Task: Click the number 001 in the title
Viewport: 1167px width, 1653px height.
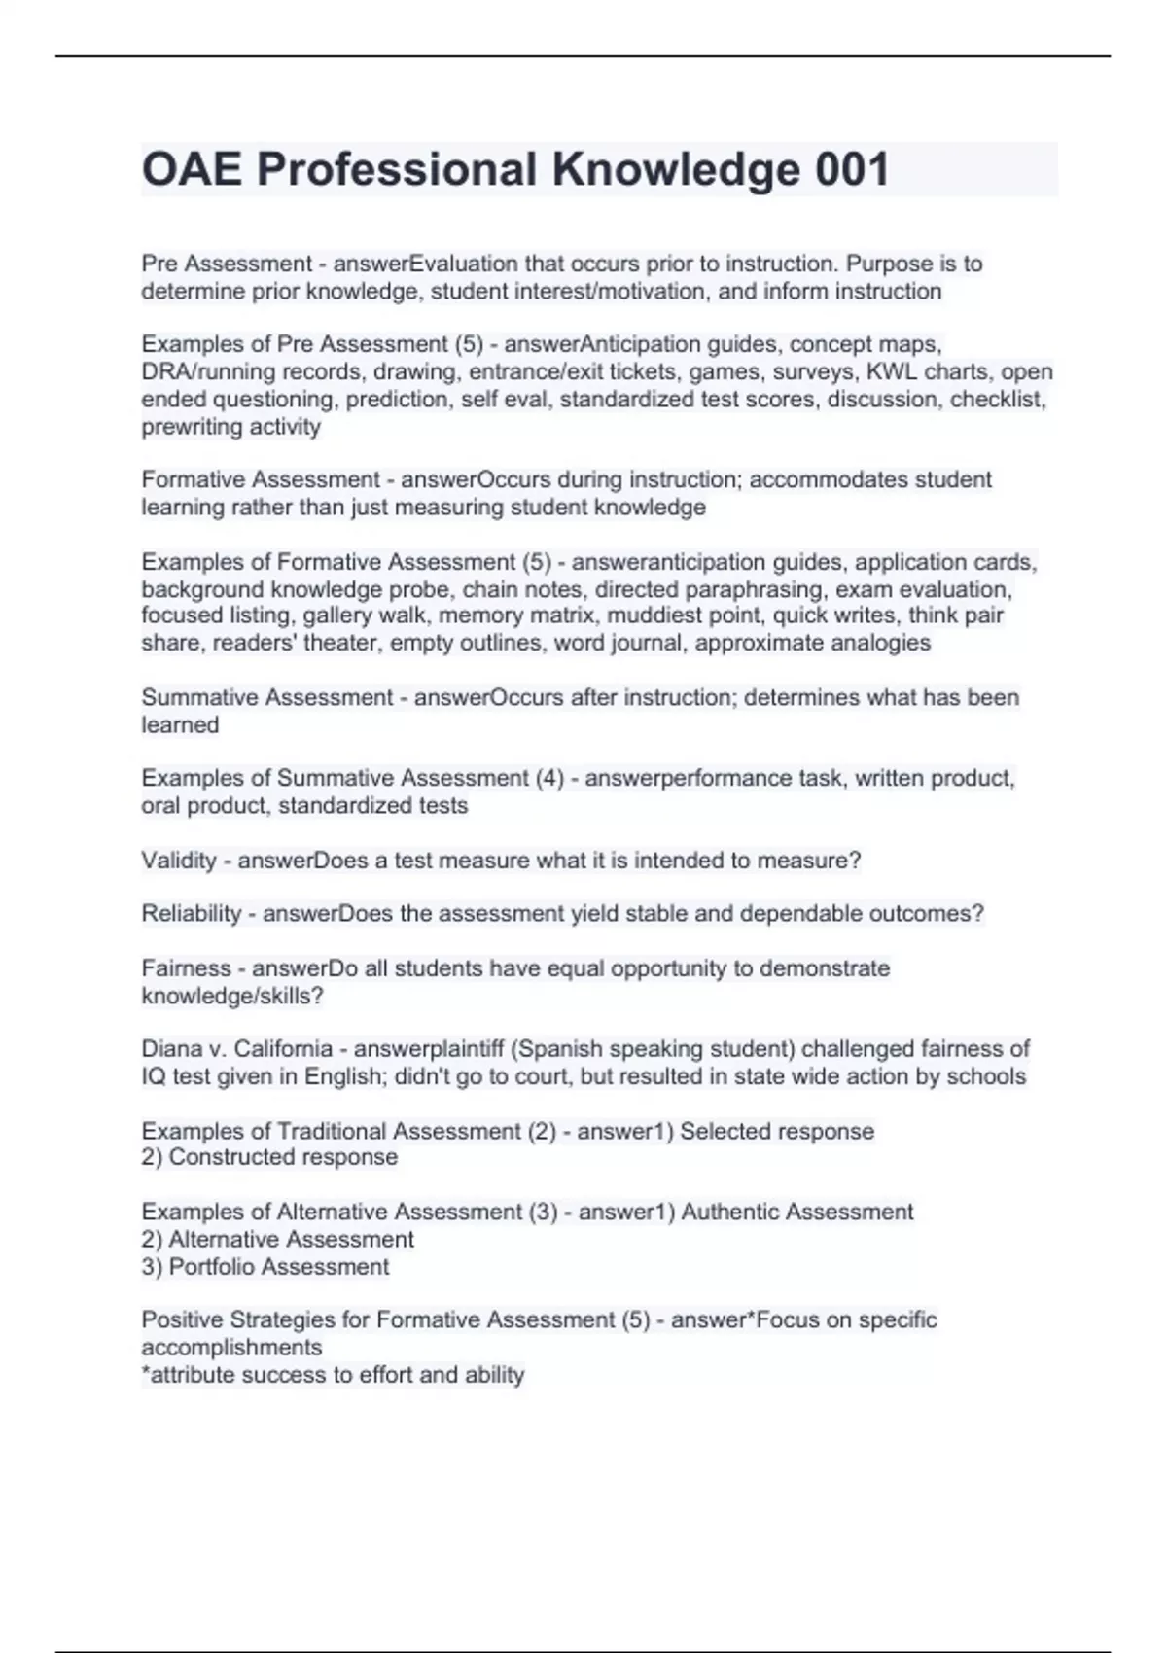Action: click(852, 170)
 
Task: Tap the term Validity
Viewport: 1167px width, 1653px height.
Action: click(179, 861)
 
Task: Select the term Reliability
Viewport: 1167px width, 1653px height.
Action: click(191, 914)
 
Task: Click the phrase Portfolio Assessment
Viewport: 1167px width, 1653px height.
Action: click(278, 1267)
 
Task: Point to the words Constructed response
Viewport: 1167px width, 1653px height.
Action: click(283, 1157)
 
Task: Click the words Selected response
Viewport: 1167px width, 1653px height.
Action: click(777, 1131)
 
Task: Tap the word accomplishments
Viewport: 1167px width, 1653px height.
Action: click(231, 1348)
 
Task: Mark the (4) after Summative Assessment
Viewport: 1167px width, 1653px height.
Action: click(549, 778)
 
